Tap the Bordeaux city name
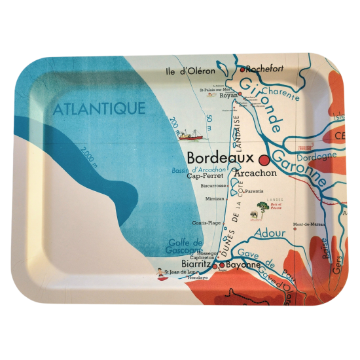coord(220,158)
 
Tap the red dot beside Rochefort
coord(242,69)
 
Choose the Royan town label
coord(228,96)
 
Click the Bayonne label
coord(243,266)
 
